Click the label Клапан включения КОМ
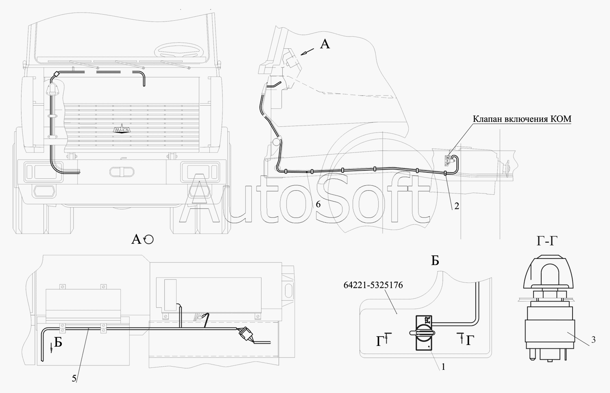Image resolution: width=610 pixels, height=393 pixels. coord(522,119)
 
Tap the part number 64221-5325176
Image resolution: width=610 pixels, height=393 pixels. coord(373,285)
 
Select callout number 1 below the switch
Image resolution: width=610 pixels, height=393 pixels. coord(443,367)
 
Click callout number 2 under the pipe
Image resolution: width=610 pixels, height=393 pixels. coord(457,206)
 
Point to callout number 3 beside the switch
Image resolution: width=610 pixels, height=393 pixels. coord(593,340)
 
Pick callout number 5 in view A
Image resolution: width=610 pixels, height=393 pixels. coord(74,378)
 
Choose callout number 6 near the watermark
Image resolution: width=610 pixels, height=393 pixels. coord(318,204)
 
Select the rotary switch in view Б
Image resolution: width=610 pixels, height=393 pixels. coord(423,332)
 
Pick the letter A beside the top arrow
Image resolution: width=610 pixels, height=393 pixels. coord(325,44)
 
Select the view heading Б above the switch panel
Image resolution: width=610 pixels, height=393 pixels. coord(435,261)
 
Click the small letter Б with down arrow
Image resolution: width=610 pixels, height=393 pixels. coord(58,343)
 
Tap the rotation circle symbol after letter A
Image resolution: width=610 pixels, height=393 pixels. coord(149,240)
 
